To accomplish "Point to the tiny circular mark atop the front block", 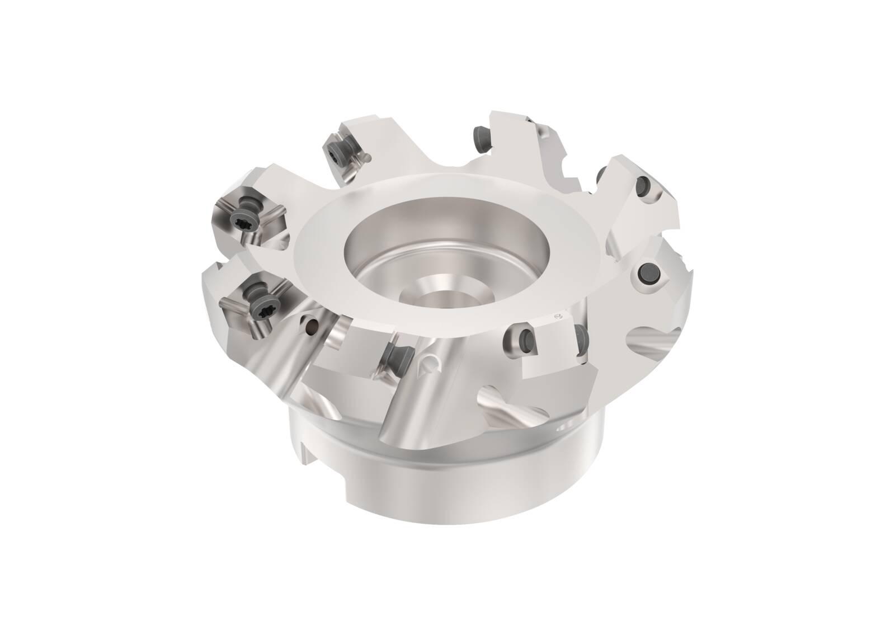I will pyautogui.click(x=557, y=317).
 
